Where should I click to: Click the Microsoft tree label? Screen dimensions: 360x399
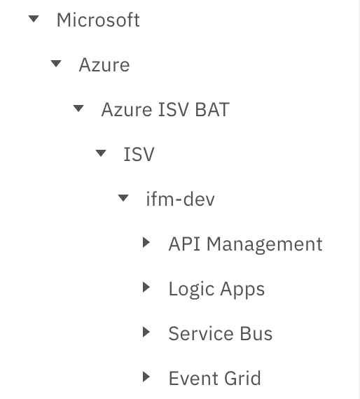pos(98,20)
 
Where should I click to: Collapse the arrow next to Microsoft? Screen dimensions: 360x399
pos(34,19)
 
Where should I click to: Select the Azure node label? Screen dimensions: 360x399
pos(104,65)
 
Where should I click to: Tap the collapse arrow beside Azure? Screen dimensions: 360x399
pos(56,64)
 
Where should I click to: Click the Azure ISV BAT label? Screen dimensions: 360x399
pos(165,110)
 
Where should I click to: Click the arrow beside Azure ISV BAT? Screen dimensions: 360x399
pos(78,108)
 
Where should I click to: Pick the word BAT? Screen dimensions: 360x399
pos(212,110)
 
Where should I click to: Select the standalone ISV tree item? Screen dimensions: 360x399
pos(139,154)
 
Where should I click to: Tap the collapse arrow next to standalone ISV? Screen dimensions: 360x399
pos(101,153)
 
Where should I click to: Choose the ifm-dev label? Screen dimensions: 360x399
pos(181,199)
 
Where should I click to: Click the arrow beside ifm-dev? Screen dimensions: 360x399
pos(123,197)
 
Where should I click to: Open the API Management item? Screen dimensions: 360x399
pos(246,244)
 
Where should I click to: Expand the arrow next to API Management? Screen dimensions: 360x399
pos(146,242)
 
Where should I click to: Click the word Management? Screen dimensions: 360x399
pos(265,245)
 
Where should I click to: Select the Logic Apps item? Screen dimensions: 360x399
pos(217,289)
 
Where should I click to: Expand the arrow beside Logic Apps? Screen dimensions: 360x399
pos(146,287)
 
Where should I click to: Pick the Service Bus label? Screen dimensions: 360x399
pos(221,333)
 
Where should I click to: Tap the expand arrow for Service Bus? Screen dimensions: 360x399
pos(146,332)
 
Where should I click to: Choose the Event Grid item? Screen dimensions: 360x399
pos(215,378)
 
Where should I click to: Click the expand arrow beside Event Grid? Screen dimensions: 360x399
pos(146,377)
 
